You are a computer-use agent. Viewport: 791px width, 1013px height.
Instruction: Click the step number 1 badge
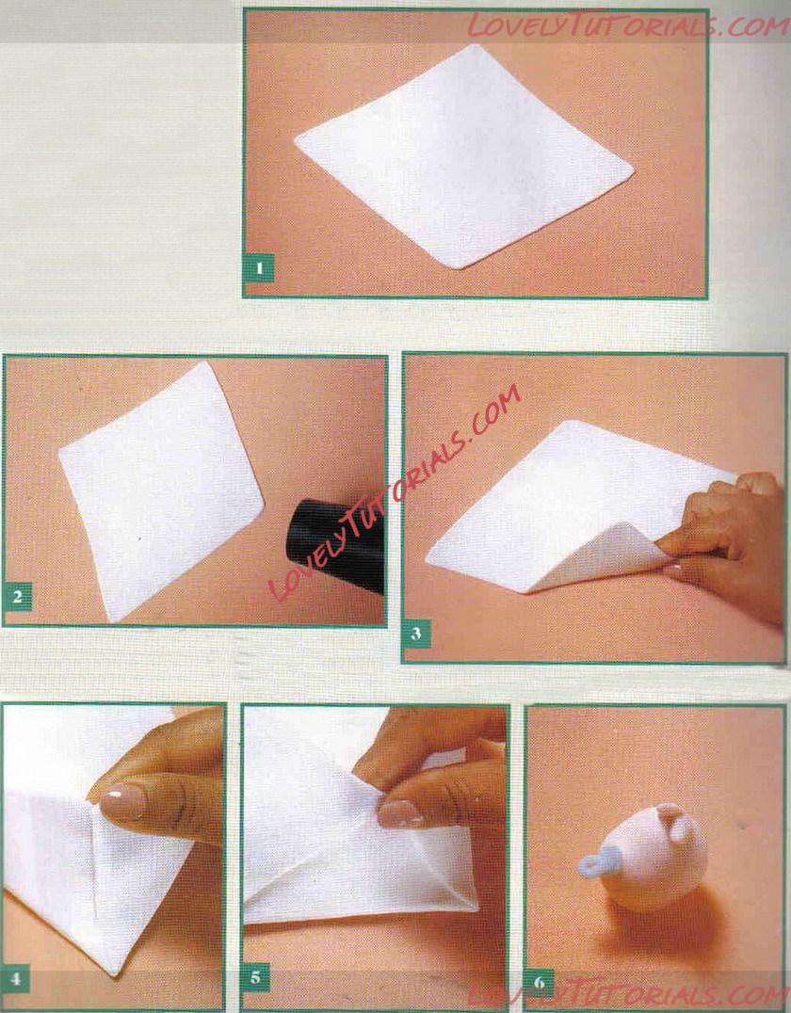(x=259, y=268)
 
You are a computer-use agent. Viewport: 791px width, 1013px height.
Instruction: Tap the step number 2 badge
(x=18, y=596)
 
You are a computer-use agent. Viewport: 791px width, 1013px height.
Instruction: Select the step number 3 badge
(x=417, y=633)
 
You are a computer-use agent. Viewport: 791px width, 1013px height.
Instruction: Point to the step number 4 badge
(x=15, y=979)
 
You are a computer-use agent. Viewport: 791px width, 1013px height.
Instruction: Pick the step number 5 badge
(x=256, y=977)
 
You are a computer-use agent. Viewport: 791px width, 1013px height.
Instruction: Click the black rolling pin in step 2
(x=336, y=544)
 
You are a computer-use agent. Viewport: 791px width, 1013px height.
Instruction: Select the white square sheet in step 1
(x=462, y=155)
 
